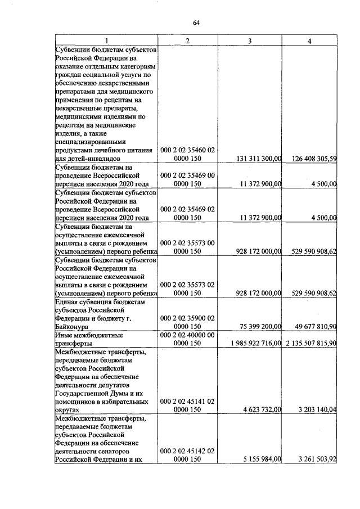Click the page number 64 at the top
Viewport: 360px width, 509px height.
tap(196, 22)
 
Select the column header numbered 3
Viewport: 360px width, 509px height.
tap(249, 40)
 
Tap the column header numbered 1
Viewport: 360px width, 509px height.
tap(106, 40)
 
